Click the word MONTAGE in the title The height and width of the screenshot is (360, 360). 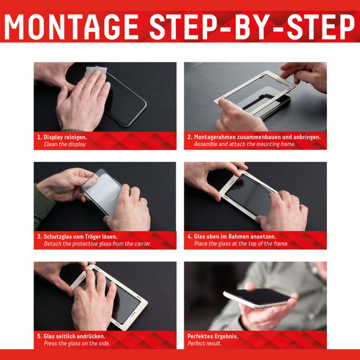[71, 27]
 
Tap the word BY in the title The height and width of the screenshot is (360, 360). [253, 27]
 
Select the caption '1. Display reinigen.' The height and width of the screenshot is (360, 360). [62, 137]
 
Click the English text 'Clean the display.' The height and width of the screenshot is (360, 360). [65, 145]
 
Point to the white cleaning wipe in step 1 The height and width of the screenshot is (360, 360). [96, 70]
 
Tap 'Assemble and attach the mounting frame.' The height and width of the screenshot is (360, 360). [245, 144]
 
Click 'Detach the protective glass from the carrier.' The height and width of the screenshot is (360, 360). [97, 244]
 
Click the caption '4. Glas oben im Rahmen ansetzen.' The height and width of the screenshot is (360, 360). [232, 236]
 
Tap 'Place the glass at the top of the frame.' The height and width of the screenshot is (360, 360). [241, 244]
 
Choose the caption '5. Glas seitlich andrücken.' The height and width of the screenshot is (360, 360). [71, 337]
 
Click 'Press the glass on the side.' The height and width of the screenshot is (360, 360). [77, 343]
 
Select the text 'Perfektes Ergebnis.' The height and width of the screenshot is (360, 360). [213, 337]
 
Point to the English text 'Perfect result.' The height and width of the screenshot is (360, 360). [205, 343]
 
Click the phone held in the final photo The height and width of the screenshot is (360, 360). [257, 298]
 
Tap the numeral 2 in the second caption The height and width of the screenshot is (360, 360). [189, 137]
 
